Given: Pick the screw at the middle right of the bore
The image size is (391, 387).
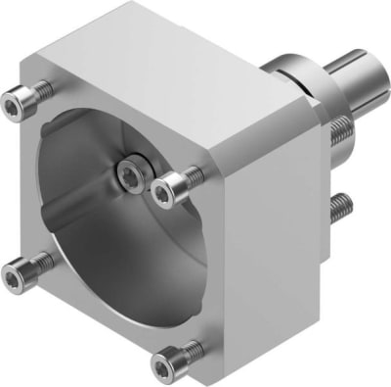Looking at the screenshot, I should pyautogui.click(x=176, y=184).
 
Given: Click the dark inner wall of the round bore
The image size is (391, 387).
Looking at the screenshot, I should pyautogui.click(x=78, y=167).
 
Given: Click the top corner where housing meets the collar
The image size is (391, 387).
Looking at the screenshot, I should pyautogui.click(x=262, y=67).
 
